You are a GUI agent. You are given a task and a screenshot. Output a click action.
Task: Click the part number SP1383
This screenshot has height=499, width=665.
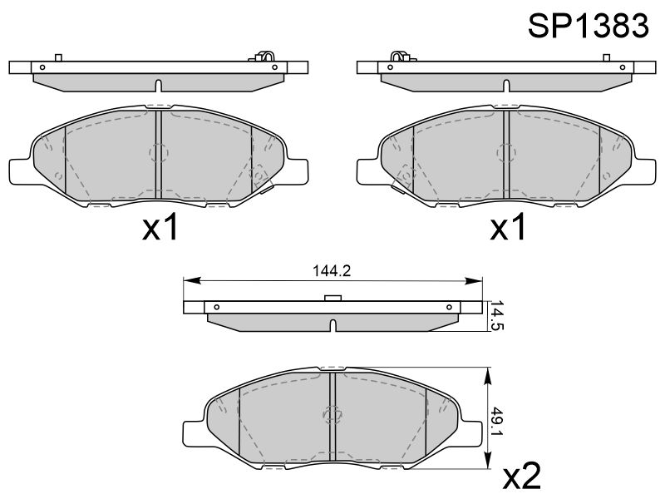pos(589,26)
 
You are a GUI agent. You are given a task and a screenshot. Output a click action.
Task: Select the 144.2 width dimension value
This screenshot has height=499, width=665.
pos(332,270)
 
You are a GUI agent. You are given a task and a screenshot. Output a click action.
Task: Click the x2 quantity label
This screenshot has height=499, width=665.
pos(522,476)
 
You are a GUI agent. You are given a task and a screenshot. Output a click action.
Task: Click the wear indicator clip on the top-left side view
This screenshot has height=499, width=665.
pos(264,57)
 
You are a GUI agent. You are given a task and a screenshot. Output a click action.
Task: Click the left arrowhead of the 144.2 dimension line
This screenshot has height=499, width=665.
pos(192,280)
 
